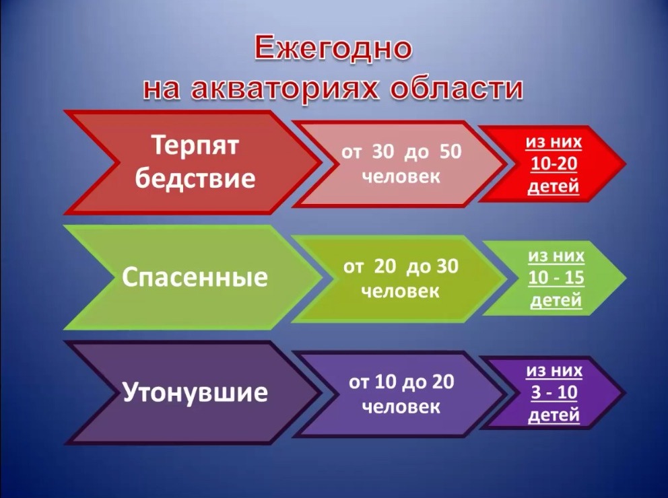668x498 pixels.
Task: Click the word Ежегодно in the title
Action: pos(333,48)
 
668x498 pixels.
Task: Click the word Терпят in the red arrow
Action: pos(196,145)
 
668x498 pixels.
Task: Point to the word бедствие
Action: pos(195,177)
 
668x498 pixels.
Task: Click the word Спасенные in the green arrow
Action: pos(195,277)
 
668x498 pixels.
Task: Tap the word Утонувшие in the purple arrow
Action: pos(195,392)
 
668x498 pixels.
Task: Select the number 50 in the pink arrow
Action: pos(450,151)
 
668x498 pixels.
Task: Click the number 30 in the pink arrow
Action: pos(383,151)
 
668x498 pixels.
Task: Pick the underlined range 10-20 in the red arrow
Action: pos(554,164)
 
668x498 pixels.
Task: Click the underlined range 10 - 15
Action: pos(556,277)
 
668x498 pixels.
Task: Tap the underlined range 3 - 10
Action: pos(554,392)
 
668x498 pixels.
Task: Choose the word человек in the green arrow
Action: pos(400,291)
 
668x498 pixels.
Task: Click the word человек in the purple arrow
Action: pos(401,406)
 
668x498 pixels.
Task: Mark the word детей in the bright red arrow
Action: pos(554,186)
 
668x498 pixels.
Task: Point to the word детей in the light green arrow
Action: pos(556,300)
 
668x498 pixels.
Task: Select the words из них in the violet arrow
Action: pos(554,371)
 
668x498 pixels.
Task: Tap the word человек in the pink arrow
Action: pos(401,176)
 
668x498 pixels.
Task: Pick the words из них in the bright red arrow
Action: pos(554,142)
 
